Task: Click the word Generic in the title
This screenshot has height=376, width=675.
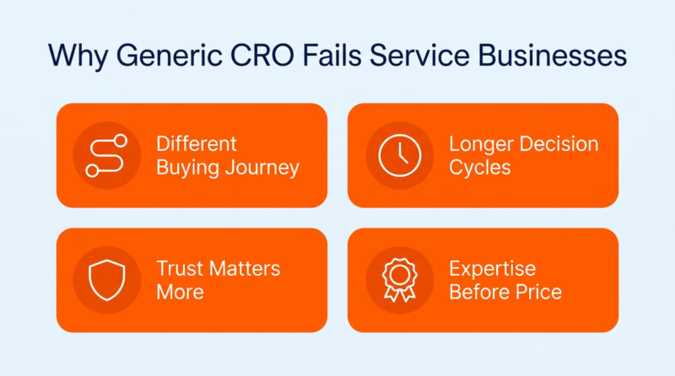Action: pos(170,56)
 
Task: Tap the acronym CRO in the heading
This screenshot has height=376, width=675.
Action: pos(262,56)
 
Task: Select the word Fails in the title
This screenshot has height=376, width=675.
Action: pos(332,56)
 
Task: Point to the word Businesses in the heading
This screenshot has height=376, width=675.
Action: pos(553,56)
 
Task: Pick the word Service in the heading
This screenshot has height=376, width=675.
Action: pos(419,56)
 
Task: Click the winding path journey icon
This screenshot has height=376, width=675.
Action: pos(107,156)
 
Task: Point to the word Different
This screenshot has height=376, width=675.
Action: pos(197,143)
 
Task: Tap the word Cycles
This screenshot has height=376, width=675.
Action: pos(480,169)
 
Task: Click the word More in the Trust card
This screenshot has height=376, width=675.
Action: pos(180,292)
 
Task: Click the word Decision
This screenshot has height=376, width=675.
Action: pos(559,143)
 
